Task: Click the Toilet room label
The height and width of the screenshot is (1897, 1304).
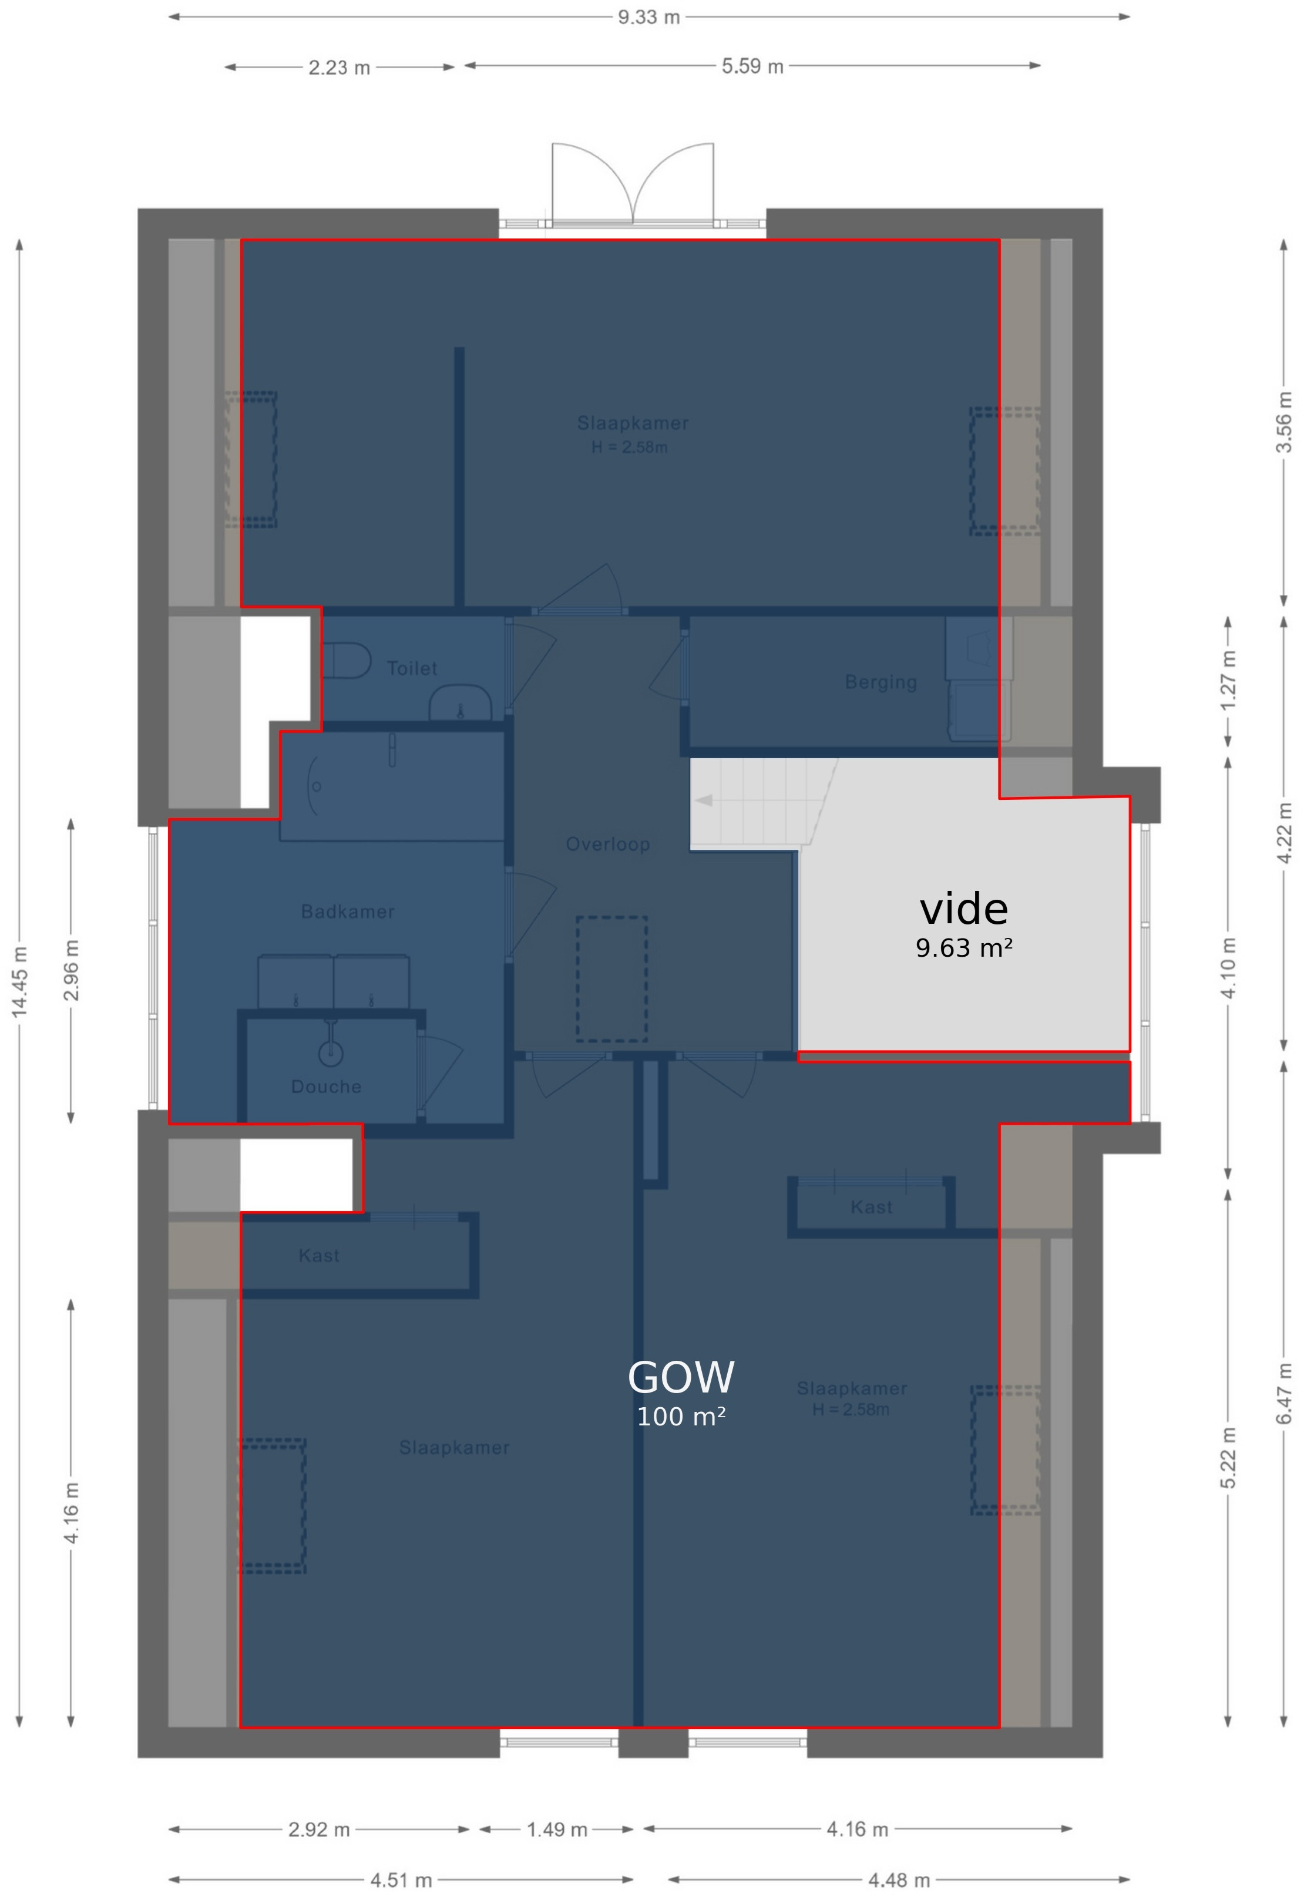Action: point(412,668)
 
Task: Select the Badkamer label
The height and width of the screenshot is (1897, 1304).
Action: point(348,911)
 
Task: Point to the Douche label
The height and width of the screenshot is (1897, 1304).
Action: point(326,1087)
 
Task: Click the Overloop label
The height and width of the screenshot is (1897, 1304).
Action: point(608,844)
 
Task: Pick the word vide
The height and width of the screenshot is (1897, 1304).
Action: point(964,909)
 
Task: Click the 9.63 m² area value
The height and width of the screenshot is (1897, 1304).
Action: point(964,948)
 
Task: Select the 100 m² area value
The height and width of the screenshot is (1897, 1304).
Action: point(681,1417)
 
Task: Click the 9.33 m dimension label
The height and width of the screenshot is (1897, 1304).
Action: point(648,17)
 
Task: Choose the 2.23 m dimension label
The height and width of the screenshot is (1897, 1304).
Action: point(339,68)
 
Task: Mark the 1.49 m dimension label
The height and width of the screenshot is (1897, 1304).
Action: point(556,1829)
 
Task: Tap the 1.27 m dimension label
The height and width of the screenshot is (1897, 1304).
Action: point(1228,680)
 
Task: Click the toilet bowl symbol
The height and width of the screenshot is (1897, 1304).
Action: point(347,660)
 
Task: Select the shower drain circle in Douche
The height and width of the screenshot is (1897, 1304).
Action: point(330,1053)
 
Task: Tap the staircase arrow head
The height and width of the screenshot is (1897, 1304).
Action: point(704,800)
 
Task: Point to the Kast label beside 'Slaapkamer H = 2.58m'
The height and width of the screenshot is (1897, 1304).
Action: point(871,1207)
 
